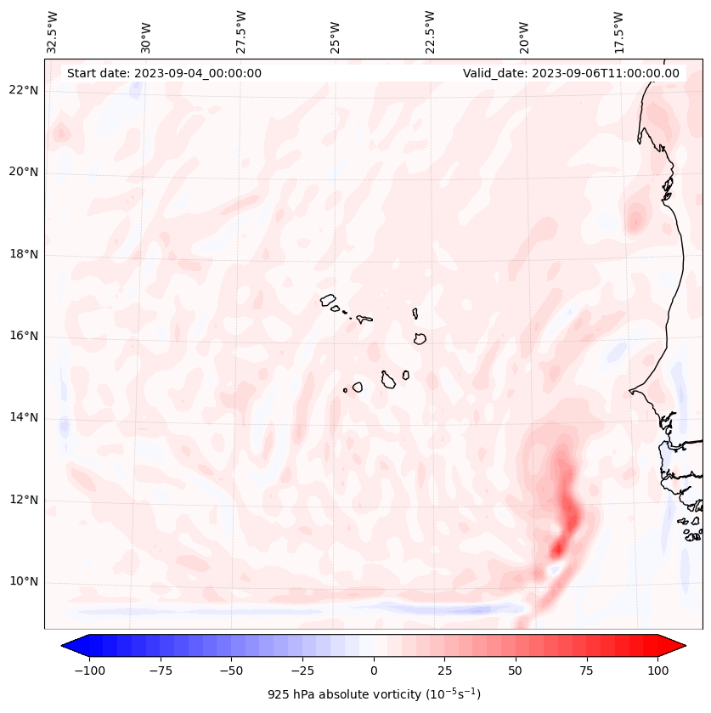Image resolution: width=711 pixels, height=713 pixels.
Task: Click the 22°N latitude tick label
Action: click(x=24, y=91)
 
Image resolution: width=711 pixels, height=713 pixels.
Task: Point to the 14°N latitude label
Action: click(x=24, y=418)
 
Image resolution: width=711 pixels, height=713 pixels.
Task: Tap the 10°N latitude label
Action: click(x=24, y=582)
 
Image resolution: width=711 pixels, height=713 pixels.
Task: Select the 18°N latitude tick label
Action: click(x=24, y=255)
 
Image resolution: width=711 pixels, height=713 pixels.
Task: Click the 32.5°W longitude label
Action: click(x=53, y=31)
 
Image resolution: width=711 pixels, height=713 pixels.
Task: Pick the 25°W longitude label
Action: click(x=336, y=33)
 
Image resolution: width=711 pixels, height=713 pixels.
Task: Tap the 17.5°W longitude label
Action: click(x=618, y=31)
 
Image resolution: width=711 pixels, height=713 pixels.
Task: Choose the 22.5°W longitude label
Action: click(x=430, y=31)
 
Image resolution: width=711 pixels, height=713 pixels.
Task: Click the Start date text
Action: click(x=164, y=73)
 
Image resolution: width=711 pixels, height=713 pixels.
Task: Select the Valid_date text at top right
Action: click(x=571, y=73)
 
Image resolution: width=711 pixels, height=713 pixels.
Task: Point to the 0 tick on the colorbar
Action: click(x=374, y=671)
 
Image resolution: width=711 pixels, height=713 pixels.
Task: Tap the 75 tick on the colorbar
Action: click(x=586, y=671)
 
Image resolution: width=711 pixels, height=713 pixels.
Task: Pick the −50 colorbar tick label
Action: click(x=232, y=671)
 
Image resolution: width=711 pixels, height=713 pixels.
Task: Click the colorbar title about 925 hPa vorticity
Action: click(x=374, y=694)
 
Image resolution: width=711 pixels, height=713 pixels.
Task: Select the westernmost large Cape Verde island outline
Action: click(x=329, y=300)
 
